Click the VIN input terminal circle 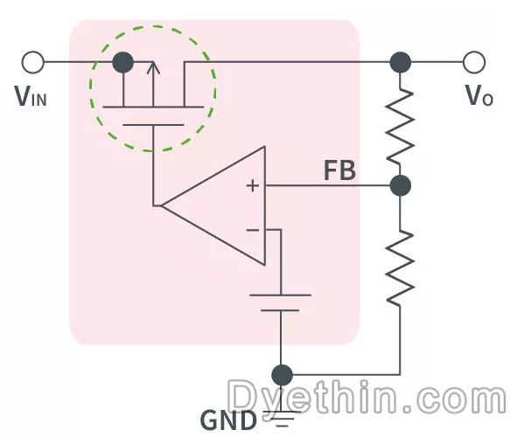(32, 62)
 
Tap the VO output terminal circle (474, 62)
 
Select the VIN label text (31, 96)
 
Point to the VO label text (479, 95)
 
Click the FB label (339, 170)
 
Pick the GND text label (228, 420)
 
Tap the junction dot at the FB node (401, 185)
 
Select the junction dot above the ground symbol (282, 375)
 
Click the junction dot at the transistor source (123, 62)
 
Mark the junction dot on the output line (401, 62)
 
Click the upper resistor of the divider (400, 126)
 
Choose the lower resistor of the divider (400, 267)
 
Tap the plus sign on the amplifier (253, 185)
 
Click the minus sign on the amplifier (253, 230)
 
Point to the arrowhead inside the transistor (153, 67)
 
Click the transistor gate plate (153, 125)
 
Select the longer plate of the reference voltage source (281, 295)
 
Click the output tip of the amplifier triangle (162, 205)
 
